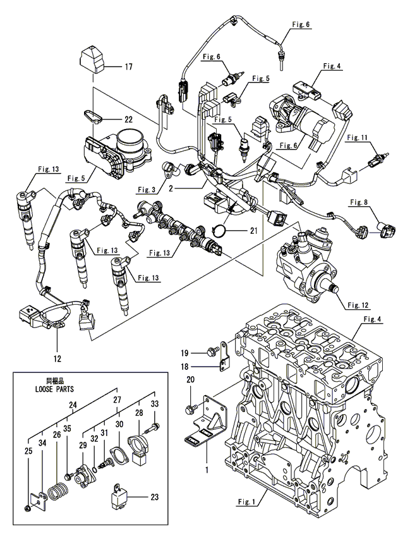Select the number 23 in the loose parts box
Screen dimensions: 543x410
point(154,496)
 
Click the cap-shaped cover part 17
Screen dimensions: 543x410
point(93,60)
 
